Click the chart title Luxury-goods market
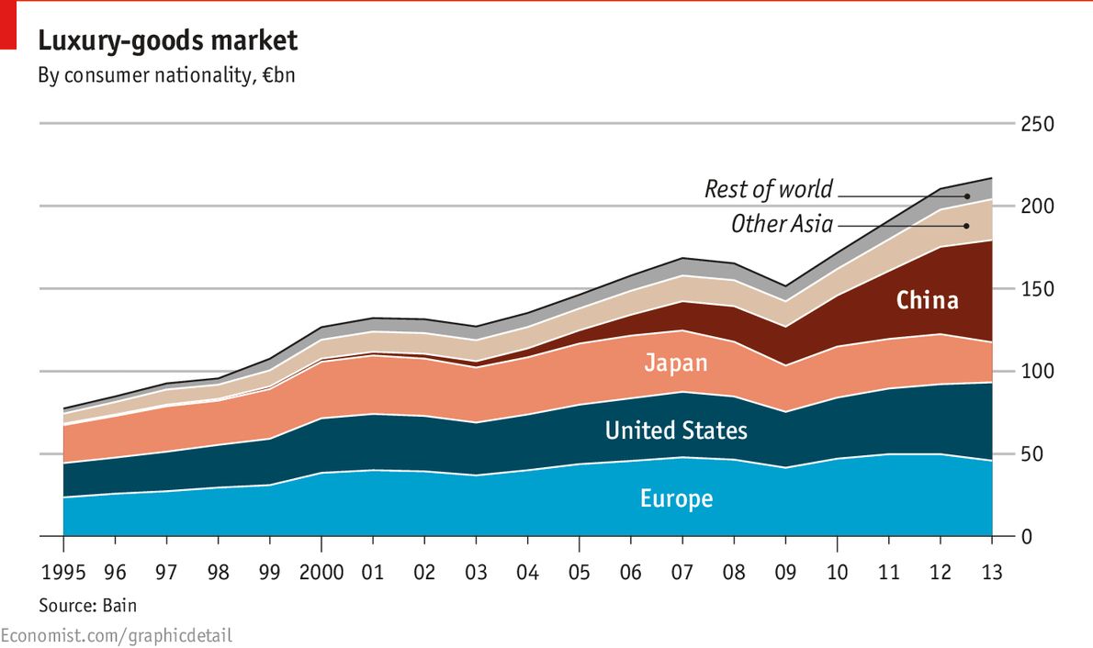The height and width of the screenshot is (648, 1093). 167,41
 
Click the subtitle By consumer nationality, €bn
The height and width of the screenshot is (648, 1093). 166,75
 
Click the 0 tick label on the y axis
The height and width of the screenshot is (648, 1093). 1027,537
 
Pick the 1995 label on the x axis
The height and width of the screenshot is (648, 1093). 63,574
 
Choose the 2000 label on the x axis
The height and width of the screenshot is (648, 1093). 321,574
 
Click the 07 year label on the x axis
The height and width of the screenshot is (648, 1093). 682,574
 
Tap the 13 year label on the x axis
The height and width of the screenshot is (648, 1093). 992,574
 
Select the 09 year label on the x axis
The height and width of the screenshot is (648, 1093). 785,574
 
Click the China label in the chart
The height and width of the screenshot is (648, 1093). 927,300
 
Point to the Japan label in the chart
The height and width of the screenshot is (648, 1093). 675,363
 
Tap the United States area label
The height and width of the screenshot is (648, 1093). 676,430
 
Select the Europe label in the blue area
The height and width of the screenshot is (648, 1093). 676,499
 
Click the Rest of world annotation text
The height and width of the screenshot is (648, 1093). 768,190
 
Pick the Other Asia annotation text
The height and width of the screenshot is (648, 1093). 782,224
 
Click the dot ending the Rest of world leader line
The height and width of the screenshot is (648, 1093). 967,196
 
